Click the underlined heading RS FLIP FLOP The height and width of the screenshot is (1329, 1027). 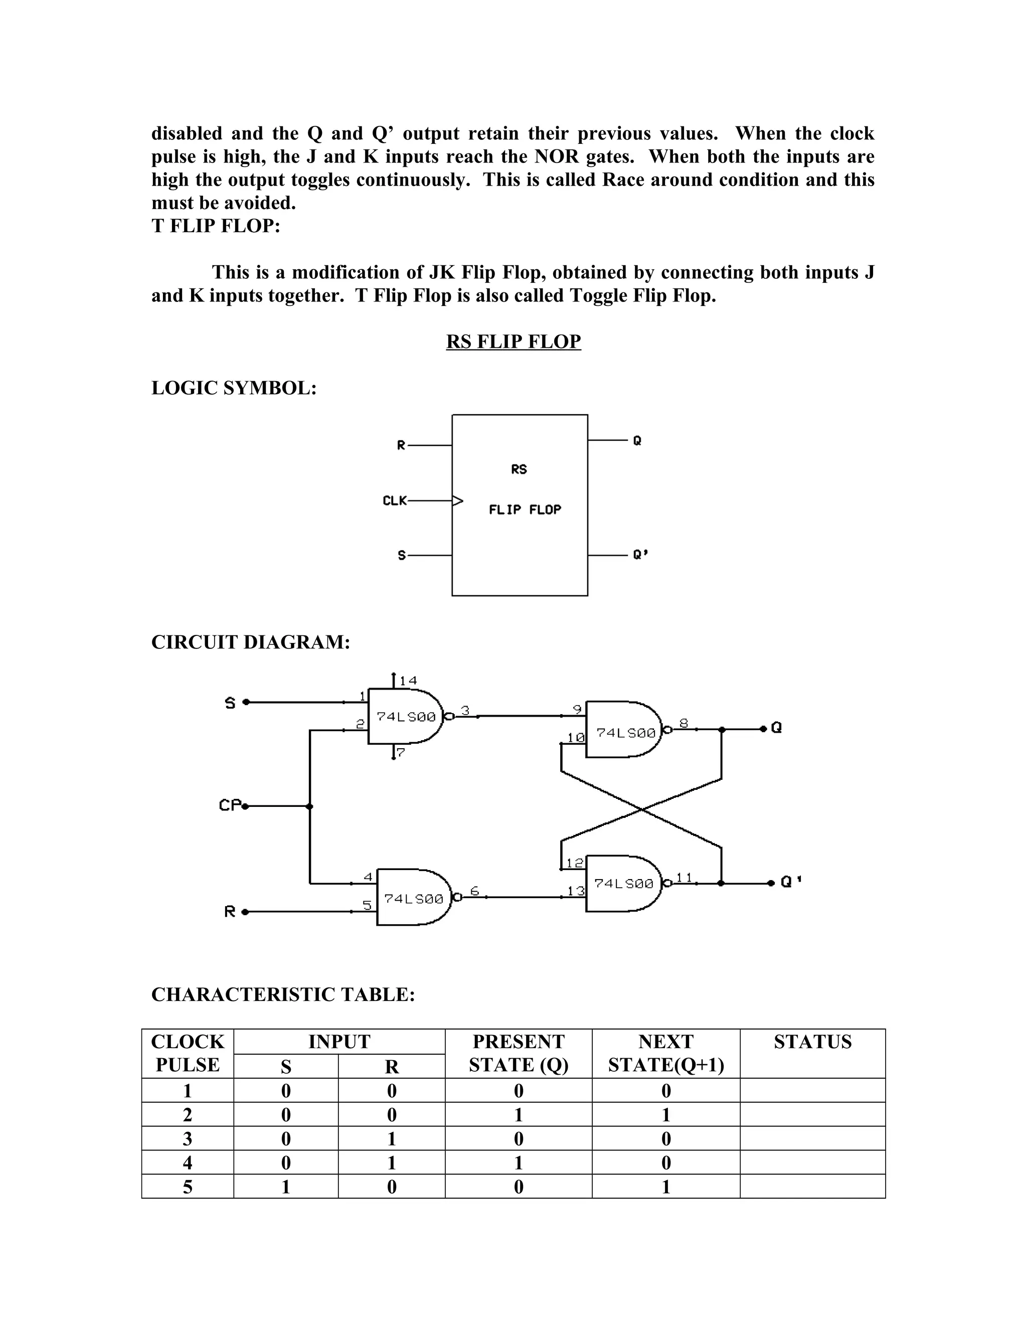pos(513,342)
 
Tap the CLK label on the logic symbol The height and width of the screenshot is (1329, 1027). pos(394,501)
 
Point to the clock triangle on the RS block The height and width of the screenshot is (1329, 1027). pos(457,501)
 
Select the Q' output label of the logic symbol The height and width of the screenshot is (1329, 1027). pos(640,555)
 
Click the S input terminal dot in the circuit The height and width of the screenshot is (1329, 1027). pos(246,702)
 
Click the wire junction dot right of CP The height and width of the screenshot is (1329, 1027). pos(310,806)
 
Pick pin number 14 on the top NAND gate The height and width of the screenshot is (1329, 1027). pos(408,681)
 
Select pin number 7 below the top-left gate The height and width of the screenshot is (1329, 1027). pos(400,753)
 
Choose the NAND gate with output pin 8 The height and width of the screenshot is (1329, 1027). pos(624,730)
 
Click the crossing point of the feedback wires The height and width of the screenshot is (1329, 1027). pos(641,809)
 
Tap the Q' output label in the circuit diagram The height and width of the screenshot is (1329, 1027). pos(790,882)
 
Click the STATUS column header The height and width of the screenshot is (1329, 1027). pos(812,1042)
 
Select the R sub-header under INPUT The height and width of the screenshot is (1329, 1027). pos(392,1067)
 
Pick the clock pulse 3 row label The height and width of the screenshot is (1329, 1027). pos(188,1138)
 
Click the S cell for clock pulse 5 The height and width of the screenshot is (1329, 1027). pos(285,1187)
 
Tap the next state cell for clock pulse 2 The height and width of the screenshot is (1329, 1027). pos(665,1115)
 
